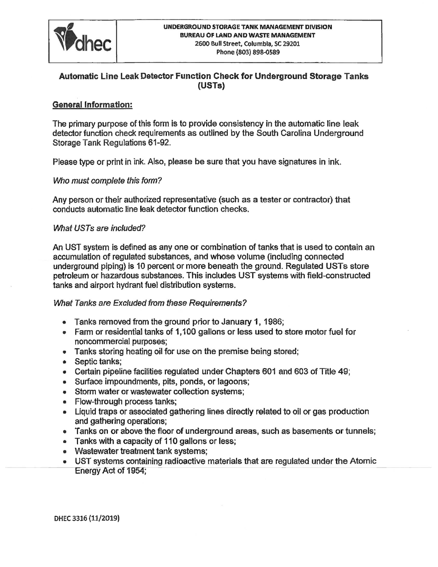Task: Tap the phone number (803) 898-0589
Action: [x=248, y=52]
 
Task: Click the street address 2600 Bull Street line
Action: [x=248, y=44]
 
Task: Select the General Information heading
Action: [x=93, y=105]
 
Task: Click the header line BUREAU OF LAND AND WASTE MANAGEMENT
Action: [x=248, y=35]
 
